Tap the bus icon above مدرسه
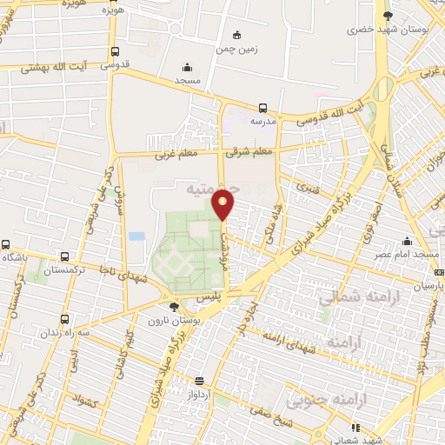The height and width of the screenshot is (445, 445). [x=262, y=109]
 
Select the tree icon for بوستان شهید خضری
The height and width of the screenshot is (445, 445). [x=388, y=15]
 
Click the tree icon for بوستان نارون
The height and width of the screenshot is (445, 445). [x=175, y=306]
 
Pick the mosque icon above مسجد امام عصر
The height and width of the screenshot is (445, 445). [x=406, y=242]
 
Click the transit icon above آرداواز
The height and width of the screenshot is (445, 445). [x=199, y=380]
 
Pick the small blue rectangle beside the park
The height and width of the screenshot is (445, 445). [x=136, y=236]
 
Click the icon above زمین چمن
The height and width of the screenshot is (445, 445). [x=236, y=35]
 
